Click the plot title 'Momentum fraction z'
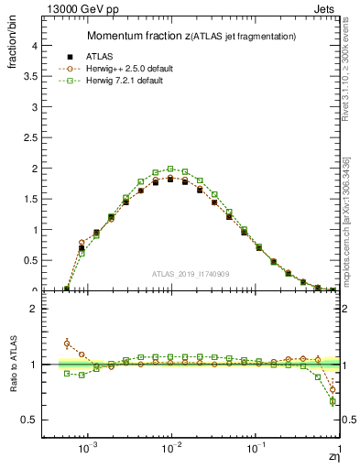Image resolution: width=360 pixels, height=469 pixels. pyautogui.click(x=138, y=36)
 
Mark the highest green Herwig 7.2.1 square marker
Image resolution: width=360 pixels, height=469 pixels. pyautogui.click(x=170, y=169)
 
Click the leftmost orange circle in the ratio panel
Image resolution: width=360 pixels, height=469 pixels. pyautogui.click(x=67, y=344)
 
